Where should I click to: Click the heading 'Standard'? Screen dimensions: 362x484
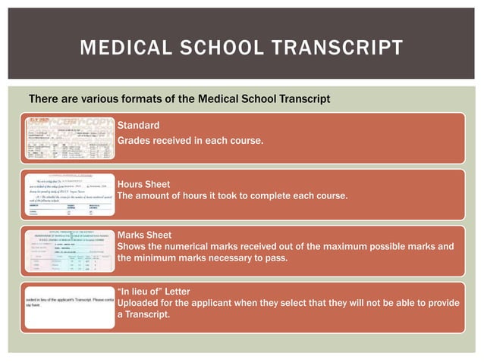(x=138, y=125)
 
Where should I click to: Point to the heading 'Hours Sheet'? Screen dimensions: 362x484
(x=143, y=184)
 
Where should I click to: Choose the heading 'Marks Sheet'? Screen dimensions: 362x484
(x=144, y=235)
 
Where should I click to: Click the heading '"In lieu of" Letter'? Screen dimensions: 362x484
(x=154, y=291)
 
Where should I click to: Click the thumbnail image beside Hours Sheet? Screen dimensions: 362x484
(x=70, y=195)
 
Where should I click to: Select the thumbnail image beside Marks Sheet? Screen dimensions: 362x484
(x=70, y=252)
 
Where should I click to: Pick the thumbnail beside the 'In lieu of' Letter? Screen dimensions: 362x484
(x=70, y=307)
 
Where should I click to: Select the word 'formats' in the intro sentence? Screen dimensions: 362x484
(x=134, y=99)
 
